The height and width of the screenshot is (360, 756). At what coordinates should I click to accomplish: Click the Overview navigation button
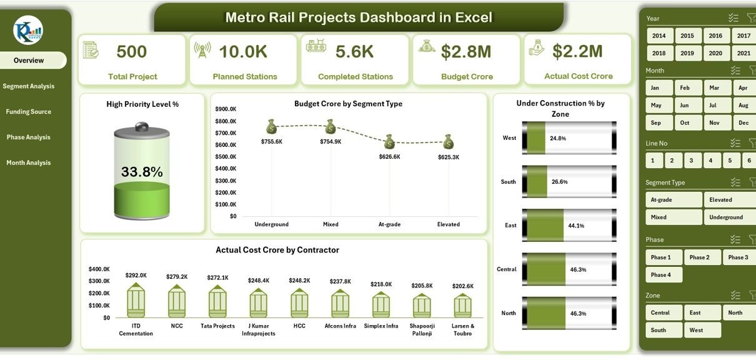pyautogui.click(x=29, y=61)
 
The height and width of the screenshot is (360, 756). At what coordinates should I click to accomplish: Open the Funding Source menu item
pyautogui.click(x=29, y=112)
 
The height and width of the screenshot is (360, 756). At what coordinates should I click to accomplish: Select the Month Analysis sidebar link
pyautogui.click(x=29, y=163)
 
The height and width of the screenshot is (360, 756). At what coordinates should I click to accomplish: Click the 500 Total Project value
pyautogui.click(x=132, y=52)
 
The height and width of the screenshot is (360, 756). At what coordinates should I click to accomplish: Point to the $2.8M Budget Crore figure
pyautogui.click(x=466, y=52)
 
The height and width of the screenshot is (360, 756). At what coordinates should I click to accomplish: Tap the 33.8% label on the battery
pyautogui.click(x=142, y=172)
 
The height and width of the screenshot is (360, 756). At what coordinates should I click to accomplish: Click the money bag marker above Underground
pyautogui.click(x=271, y=127)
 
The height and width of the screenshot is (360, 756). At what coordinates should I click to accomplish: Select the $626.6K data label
pyautogui.click(x=389, y=157)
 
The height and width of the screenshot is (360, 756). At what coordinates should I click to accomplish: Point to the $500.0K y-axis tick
pyautogui.click(x=226, y=157)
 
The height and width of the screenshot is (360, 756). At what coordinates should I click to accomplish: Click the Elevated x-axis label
pyautogui.click(x=448, y=224)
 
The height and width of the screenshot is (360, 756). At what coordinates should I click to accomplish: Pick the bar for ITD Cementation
pyautogui.click(x=136, y=301)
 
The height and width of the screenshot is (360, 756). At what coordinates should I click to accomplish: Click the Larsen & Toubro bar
pyautogui.click(x=462, y=306)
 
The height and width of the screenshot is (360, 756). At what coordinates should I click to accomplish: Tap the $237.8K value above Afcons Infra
pyautogui.click(x=340, y=281)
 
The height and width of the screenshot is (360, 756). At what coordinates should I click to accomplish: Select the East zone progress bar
pyautogui.click(x=569, y=225)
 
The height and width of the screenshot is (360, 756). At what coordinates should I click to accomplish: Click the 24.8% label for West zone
pyautogui.click(x=558, y=138)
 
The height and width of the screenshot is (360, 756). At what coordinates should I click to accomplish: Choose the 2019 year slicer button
pyautogui.click(x=687, y=54)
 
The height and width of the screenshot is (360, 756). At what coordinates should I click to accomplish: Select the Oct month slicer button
pyautogui.click(x=685, y=123)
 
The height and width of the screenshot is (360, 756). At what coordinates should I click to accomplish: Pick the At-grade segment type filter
pyautogui.click(x=674, y=200)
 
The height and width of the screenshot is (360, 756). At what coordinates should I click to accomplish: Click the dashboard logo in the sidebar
pyautogui.click(x=28, y=30)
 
